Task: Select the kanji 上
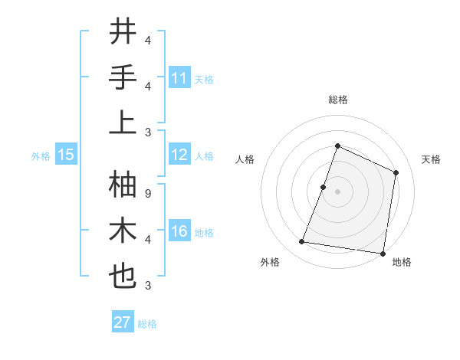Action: tap(123, 123)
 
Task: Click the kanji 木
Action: tap(123, 231)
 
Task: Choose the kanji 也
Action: tap(123, 276)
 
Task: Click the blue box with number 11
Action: tap(179, 78)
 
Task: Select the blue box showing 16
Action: tap(179, 232)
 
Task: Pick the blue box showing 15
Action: tap(66, 155)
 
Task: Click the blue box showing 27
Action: tap(123, 322)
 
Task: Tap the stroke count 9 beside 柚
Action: tap(147, 193)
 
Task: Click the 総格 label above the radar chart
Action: tap(337, 100)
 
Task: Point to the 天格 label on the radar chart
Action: tap(431, 159)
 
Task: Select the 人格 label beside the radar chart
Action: tap(245, 159)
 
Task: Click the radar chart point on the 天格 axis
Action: tap(396, 172)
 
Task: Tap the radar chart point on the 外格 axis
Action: tap(301, 242)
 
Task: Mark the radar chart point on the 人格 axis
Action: tap(324, 187)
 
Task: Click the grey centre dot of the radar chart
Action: tap(337, 191)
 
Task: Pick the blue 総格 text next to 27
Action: tap(147, 324)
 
